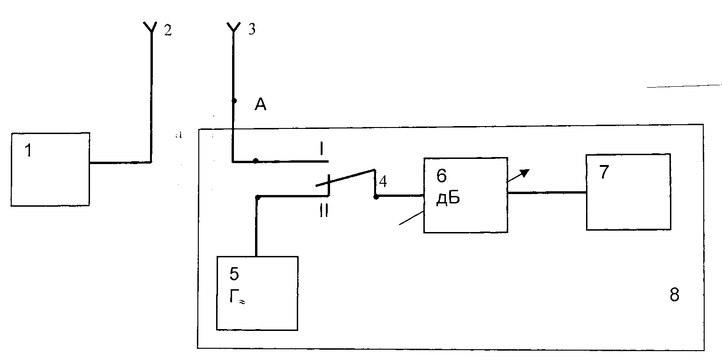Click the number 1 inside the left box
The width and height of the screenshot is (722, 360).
pyautogui.click(x=29, y=150)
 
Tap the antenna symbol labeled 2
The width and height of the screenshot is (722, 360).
pyautogui.click(x=150, y=28)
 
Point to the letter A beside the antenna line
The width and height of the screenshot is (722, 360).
pyautogui.click(x=261, y=105)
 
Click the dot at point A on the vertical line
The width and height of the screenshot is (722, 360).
pyautogui.click(x=234, y=101)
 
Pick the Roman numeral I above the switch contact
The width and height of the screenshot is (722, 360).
pyautogui.click(x=321, y=149)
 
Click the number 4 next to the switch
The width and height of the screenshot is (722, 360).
pyautogui.click(x=383, y=181)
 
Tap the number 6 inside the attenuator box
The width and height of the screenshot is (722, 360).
pyautogui.click(x=442, y=176)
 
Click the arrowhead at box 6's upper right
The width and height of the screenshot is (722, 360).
pyautogui.click(x=525, y=173)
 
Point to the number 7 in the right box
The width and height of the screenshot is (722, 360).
pyautogui.click(x=604, y=172)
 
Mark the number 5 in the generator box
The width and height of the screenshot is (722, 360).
pyautogui.click(x=234, y=274)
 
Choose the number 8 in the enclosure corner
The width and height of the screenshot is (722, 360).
pyautogui.click(x=674, y=294)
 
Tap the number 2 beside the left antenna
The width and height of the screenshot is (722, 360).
pyautogui.click(x=168, y=30)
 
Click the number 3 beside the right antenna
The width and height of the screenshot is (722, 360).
pyautogui.click(x=252, y=29)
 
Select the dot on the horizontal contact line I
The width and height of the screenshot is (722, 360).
pyautogui.click(x=256, y=160)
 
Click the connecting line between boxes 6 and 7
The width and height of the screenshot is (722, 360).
pyautogui.click(x=547, y=193)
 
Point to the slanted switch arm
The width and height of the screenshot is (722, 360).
pyautogui.click(x=345, y=178)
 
